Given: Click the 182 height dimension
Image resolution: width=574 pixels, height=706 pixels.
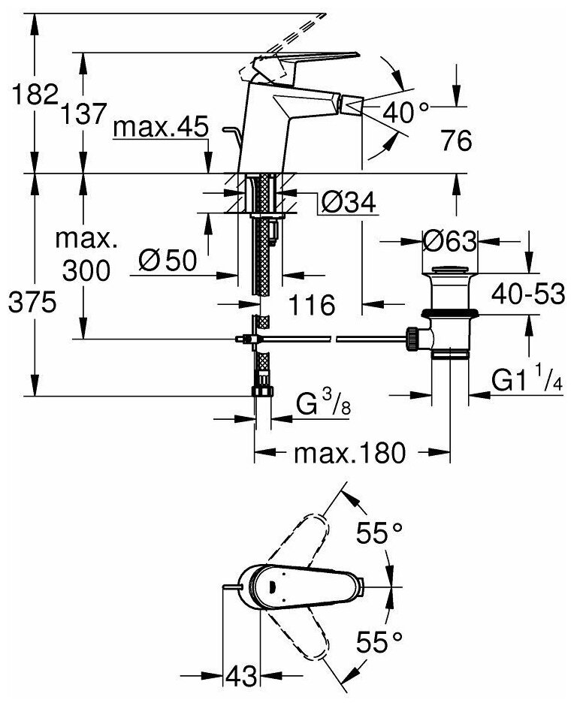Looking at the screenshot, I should click(x=30, y=95).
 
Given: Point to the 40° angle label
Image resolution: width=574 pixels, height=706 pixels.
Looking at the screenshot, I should click(x=406, y=112).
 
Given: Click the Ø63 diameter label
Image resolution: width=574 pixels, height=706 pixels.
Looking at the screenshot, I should click(x=449, y=242).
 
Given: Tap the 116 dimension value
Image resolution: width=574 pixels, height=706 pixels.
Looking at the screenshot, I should click(x=311, y=305).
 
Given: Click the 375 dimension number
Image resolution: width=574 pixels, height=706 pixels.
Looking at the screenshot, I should click(x=30, y=303).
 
